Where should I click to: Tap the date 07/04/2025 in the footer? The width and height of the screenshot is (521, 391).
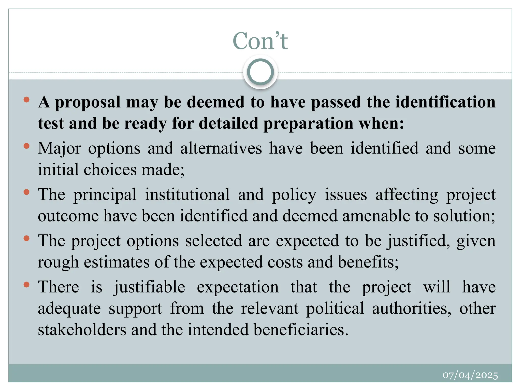point(470,375)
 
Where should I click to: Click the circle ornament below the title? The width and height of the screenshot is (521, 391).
point(260,72)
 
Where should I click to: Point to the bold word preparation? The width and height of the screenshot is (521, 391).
point(308,123)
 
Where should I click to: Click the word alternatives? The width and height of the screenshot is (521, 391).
point(221,148)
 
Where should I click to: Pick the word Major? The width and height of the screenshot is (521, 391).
point(59,148)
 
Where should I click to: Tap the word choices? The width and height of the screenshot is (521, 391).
point(110,170)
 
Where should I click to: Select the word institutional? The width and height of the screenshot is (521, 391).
point(187,194)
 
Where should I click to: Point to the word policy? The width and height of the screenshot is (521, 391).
point(294,195)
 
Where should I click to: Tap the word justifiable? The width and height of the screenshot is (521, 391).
point(149,287)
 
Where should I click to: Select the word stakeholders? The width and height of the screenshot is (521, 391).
point(82,329)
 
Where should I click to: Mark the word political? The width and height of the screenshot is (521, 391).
point(335,309)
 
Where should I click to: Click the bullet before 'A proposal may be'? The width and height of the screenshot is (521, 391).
point(26,100)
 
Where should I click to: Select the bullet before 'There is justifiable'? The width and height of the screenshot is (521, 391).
point(26,285)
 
